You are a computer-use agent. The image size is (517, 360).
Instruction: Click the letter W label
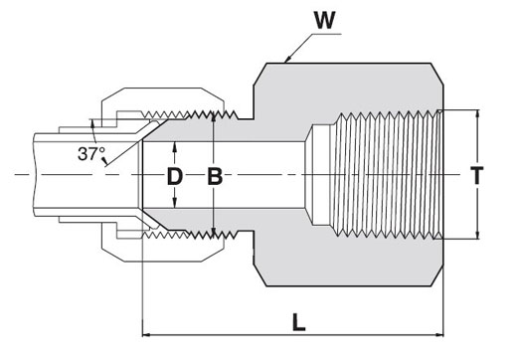coord(325,21)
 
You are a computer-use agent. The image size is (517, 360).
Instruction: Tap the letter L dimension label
coord(298,321)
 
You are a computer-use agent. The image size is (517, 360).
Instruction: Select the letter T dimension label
coord(477,175)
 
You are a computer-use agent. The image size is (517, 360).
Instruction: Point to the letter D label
coord(175,176)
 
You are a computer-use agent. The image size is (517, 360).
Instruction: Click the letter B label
coord(215,176)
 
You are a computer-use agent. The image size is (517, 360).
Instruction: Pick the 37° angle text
coord(91,154)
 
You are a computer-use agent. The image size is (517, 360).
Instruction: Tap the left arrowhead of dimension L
coord(146,335)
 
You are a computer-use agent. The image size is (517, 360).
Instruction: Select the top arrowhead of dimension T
coord(477,114)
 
